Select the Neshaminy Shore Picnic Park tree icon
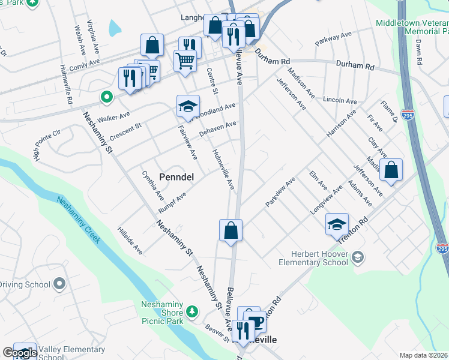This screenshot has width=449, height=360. click(x=192, y=311)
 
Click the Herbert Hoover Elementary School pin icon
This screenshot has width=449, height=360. click(x=358, y=257)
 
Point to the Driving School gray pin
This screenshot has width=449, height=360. click(x=59, y=283)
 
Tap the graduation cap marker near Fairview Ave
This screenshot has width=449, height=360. click(x=188, y=107)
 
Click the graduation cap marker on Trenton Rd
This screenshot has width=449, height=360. click(x=337, y=225)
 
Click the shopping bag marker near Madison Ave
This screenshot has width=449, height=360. click(x=391, y=170)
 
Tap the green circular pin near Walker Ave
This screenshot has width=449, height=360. click(x=106, y=96)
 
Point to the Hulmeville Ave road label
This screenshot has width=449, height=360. click(x=223, y=170)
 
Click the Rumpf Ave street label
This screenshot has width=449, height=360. click(x=173, y=202)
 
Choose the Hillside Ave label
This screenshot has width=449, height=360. click(x=130, y=241)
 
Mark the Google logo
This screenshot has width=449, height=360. click(x=20, y=353)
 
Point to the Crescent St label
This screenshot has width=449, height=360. click(x=125, y=131)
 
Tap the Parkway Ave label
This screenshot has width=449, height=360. click(x=334, y=40)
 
